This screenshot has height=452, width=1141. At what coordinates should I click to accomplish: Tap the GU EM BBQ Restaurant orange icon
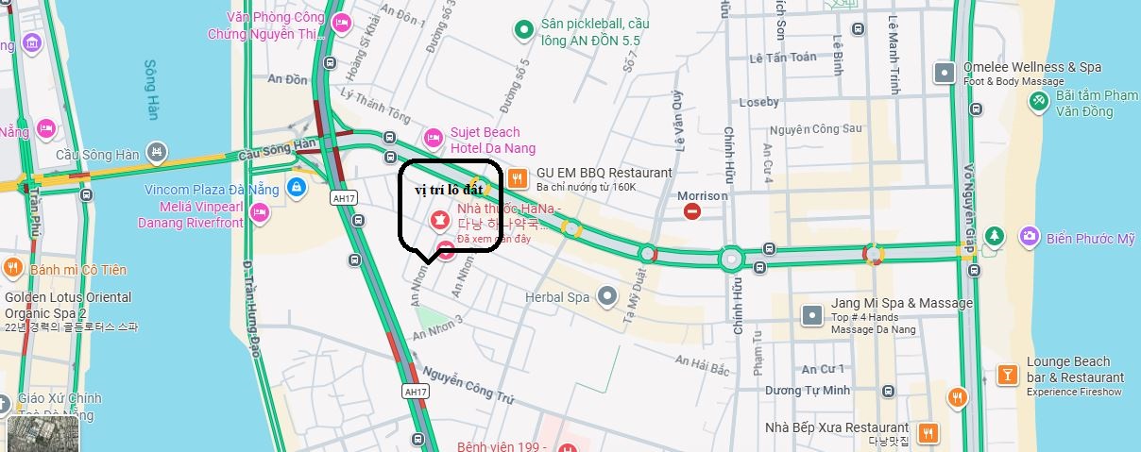pos(517,176)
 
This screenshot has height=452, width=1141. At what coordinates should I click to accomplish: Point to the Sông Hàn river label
pos(152,91)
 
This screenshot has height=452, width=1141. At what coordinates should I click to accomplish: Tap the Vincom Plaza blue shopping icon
pos(297,188)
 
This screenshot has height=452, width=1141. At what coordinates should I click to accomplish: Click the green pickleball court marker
pos(523,31)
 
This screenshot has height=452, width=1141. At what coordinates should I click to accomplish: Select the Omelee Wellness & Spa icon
pos(944,72)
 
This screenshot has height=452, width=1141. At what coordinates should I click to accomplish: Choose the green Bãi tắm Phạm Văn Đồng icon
pos(1038,100)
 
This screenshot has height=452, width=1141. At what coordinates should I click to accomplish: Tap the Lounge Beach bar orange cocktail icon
pos(1008,373)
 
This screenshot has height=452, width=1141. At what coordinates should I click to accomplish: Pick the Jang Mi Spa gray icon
pos(811,314)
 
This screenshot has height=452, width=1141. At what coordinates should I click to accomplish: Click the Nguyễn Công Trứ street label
pos(467,385)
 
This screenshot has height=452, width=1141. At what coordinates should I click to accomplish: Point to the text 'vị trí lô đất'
pos(449,190)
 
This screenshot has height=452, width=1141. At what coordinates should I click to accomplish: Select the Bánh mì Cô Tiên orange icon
pos(13,268)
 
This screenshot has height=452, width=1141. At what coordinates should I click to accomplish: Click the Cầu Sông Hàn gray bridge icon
pos(158,151)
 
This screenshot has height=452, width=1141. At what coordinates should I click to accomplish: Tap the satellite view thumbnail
pos(30,433)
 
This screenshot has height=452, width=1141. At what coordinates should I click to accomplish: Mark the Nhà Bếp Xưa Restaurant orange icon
pos(928,432)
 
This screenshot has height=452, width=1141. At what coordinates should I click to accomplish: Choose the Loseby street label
pos(759,101)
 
